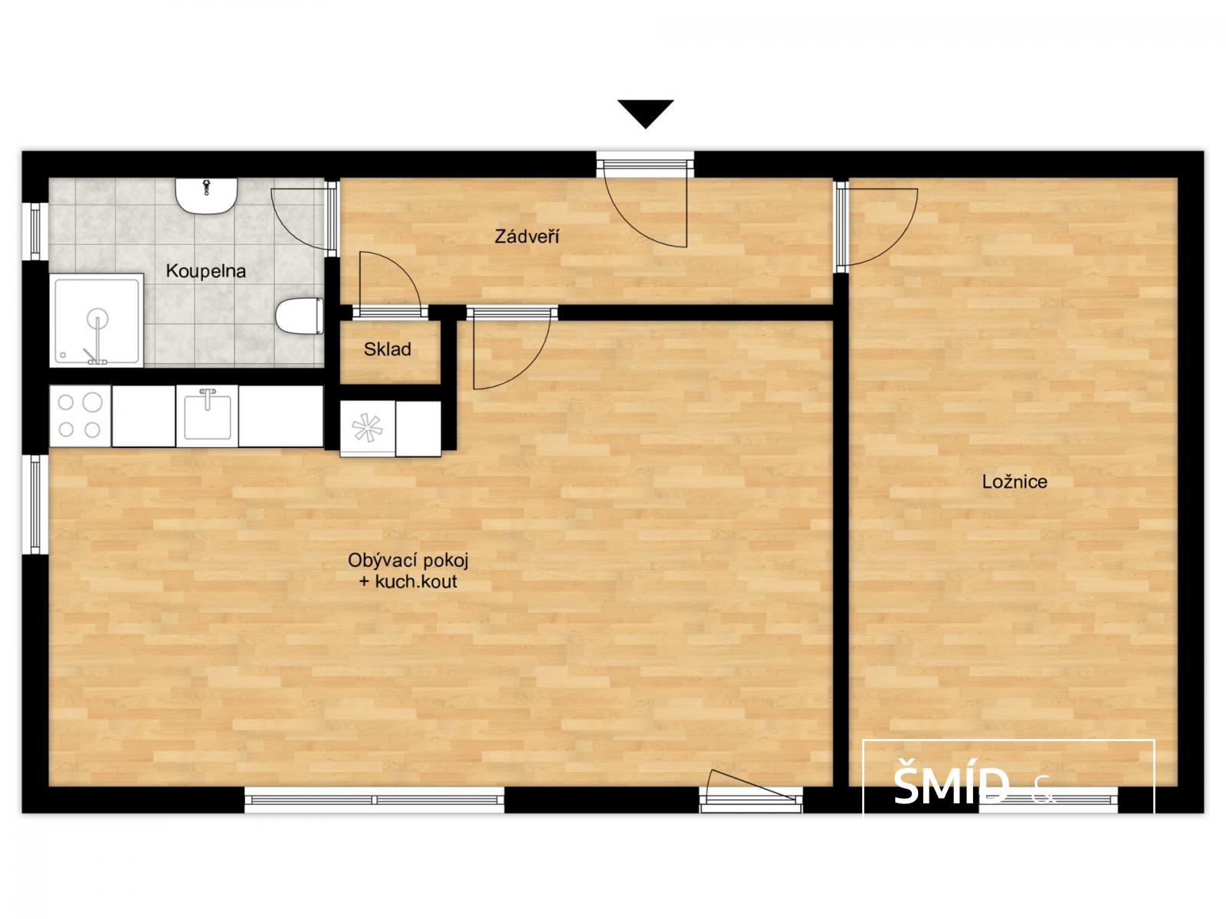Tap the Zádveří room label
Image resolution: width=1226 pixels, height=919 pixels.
[x=526, y=237]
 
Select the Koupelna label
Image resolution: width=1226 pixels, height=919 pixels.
[x=205, y=271]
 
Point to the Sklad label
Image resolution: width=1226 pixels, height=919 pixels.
[x=387, y=349]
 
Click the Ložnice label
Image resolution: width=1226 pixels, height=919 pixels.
[x=1015, y=482]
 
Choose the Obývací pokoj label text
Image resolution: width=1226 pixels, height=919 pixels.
[x=408, y=560]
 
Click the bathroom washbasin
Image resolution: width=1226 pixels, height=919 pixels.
[x=207, y=195]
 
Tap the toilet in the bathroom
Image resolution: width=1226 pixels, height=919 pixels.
[x=300, y=316]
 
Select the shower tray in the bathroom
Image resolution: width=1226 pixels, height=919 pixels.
[x=97, y=320]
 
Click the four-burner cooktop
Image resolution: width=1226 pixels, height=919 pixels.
[x=80, y=416]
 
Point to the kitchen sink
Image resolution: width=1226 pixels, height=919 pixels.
[x=207, y=416]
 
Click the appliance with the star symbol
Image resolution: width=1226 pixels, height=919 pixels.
[x=368, y=429]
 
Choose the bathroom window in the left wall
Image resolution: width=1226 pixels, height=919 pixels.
[x=35, y=231]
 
